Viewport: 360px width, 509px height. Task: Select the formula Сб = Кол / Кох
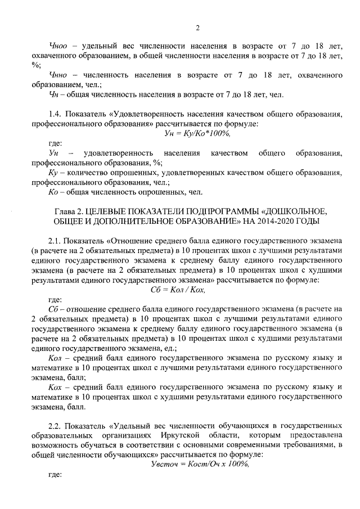pyautogui.click(x=179, y=290)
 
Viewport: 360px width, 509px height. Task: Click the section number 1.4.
pyautogui.click(x=55, y=114)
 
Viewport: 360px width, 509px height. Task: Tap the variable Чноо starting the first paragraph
pyautogui.click(x=57, y=45)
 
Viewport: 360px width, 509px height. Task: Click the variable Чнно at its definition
pyautogui.click(x=58, y=75)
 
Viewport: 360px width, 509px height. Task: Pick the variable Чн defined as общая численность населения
pyautogui.click(x=54, y=94)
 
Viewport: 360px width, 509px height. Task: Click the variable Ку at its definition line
pyautogui.click(x=55, y=173)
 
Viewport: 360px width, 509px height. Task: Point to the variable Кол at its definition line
pyautogui.click(x=56, y=358)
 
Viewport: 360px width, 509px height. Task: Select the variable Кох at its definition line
pyautogui.click(x=56, y=388)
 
